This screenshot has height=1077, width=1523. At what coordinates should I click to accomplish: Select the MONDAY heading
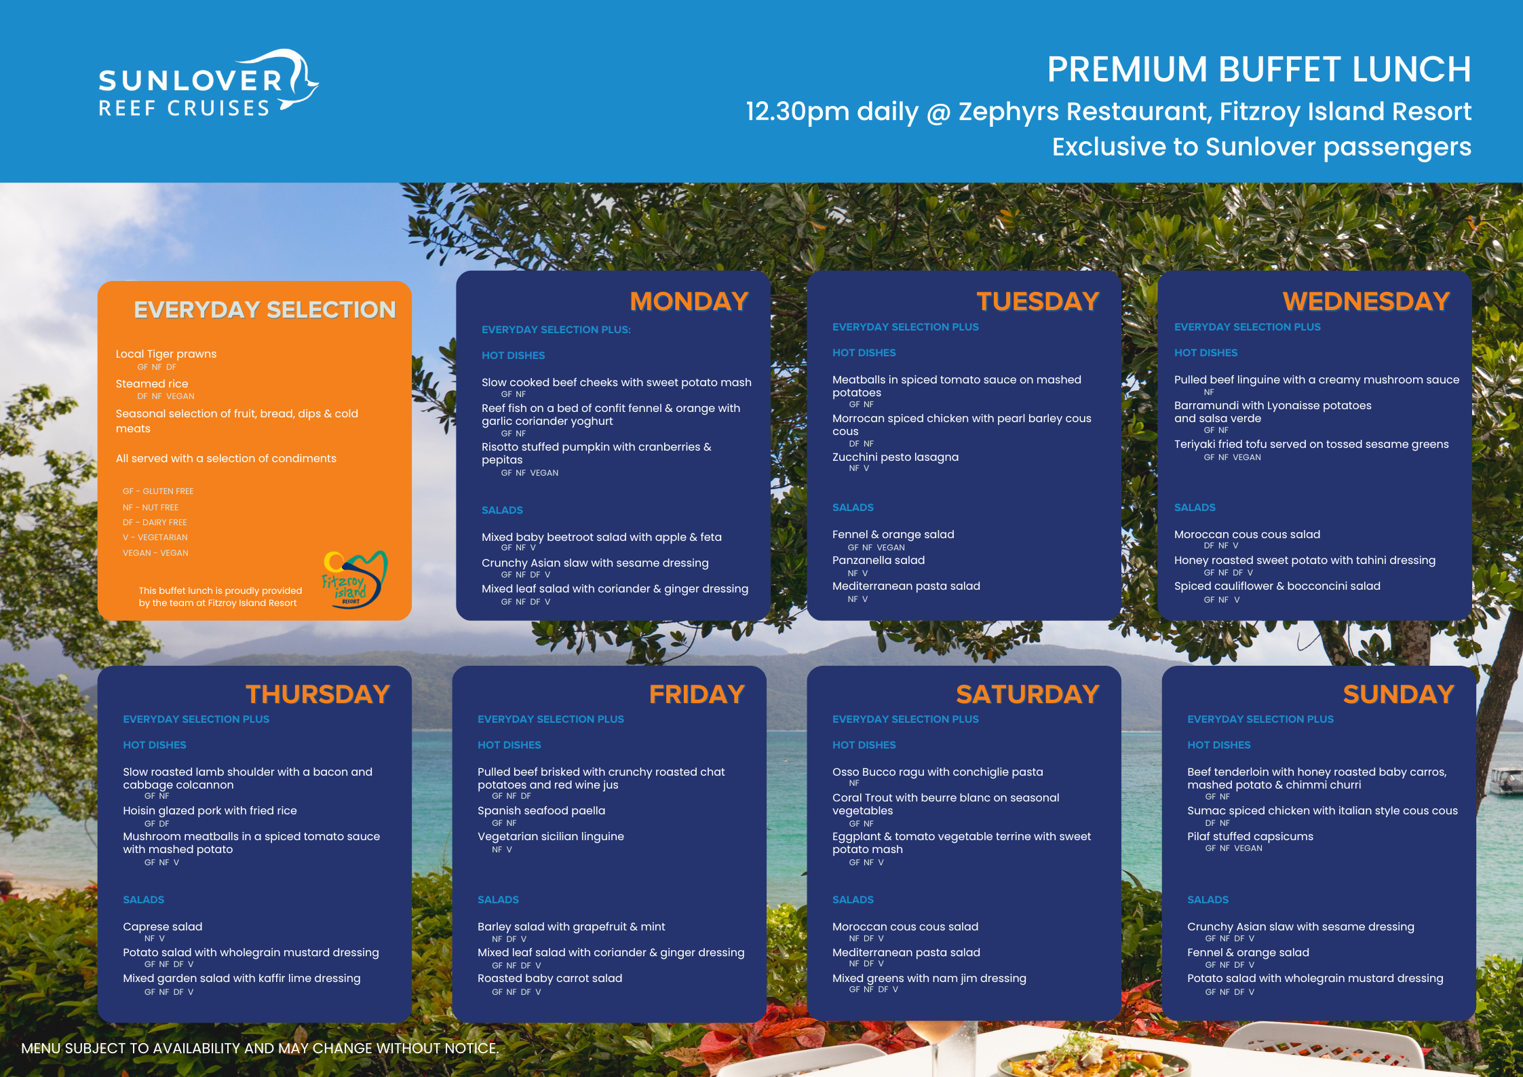[x=689, y=301]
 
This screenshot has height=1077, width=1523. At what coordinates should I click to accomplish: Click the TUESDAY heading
[x=1037, y=301]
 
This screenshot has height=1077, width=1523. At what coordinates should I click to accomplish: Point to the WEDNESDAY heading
[x=1366, y=301]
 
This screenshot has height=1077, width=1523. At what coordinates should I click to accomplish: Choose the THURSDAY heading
[x=317, y=694]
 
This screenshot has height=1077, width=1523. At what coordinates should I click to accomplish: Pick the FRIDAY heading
[x=697, y=694]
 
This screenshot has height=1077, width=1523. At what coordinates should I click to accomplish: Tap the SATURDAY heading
[x=1027, y=694]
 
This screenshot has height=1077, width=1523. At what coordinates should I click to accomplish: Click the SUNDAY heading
[x=1398, y=694]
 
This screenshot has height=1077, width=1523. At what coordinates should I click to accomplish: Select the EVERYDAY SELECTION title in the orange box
[x=265, y=309]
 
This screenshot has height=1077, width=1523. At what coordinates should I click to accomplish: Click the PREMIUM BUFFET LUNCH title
[x=1259, y=69]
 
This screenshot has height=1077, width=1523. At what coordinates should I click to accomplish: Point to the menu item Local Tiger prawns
[x=166, y=354]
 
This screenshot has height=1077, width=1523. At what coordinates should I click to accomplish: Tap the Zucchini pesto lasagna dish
[x=895, y=457]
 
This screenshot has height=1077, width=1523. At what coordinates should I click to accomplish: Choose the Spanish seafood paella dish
[x=541, y=810]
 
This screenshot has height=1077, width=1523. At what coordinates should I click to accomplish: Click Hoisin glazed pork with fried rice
[x=210, y=810]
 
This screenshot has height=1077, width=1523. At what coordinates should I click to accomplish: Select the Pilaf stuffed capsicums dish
[x=1250, y=836]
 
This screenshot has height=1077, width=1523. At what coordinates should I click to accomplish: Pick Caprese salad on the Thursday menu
[x=163, y=926]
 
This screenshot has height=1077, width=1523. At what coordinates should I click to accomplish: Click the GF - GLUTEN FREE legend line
[x=158, y=491]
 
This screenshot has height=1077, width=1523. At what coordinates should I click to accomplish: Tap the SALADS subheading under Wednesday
[x=1195, y=507]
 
